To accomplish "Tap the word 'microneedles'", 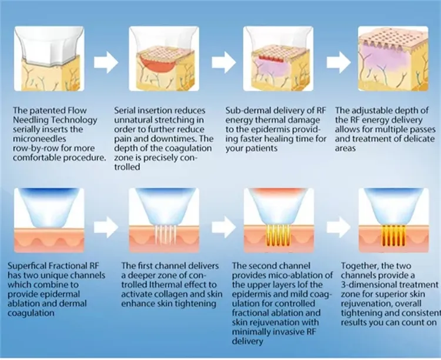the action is [39, 139].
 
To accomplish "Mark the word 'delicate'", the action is [419, 139].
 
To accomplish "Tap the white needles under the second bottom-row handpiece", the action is [165, 234].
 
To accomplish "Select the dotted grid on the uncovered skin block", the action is [393, 36].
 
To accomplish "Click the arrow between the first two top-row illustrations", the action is [106, 63].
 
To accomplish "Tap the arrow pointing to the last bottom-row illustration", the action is [339, 228].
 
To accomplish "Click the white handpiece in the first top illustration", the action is [49, 45].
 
